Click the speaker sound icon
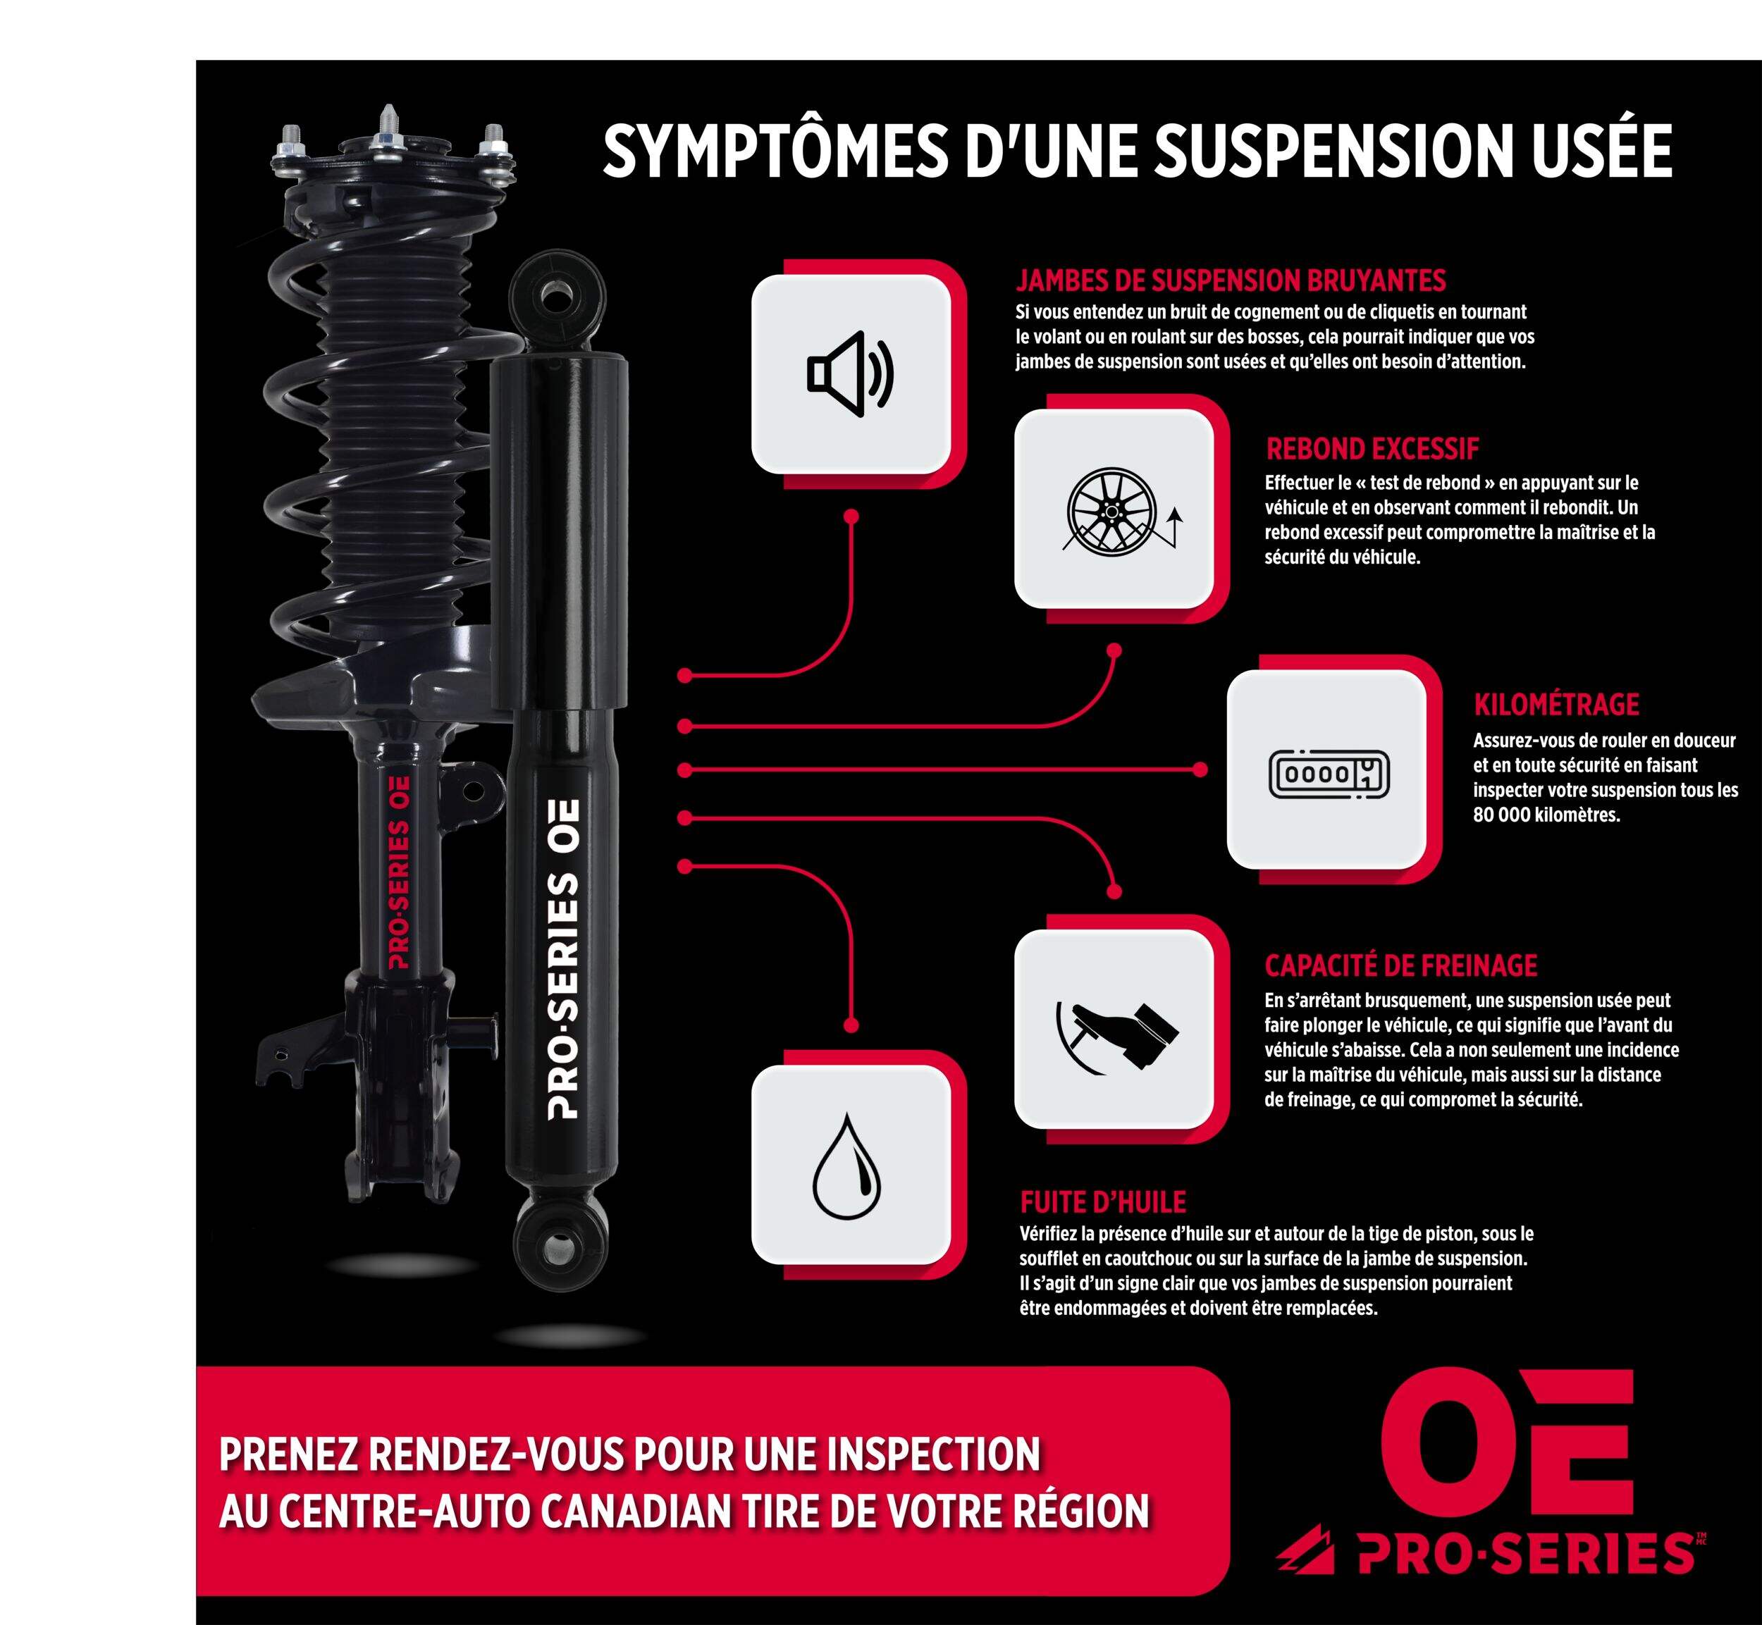pyautogui.click(x=849, y=373)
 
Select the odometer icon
pyautogui.click(x=1328, y=774)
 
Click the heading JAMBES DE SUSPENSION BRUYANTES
pyautogui.click(x=1230, y=280)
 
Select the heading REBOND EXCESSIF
pyautogui.click(x=1372, y=450)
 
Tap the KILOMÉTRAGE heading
pyautogui.click(x=1556, y=705)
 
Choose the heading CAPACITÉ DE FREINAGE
pyautogui.click(x=1400, y=965)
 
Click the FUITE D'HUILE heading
pyautogui.click(x=1102, y=1201)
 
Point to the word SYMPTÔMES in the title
pyautogui.click(x=774, y=152)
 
